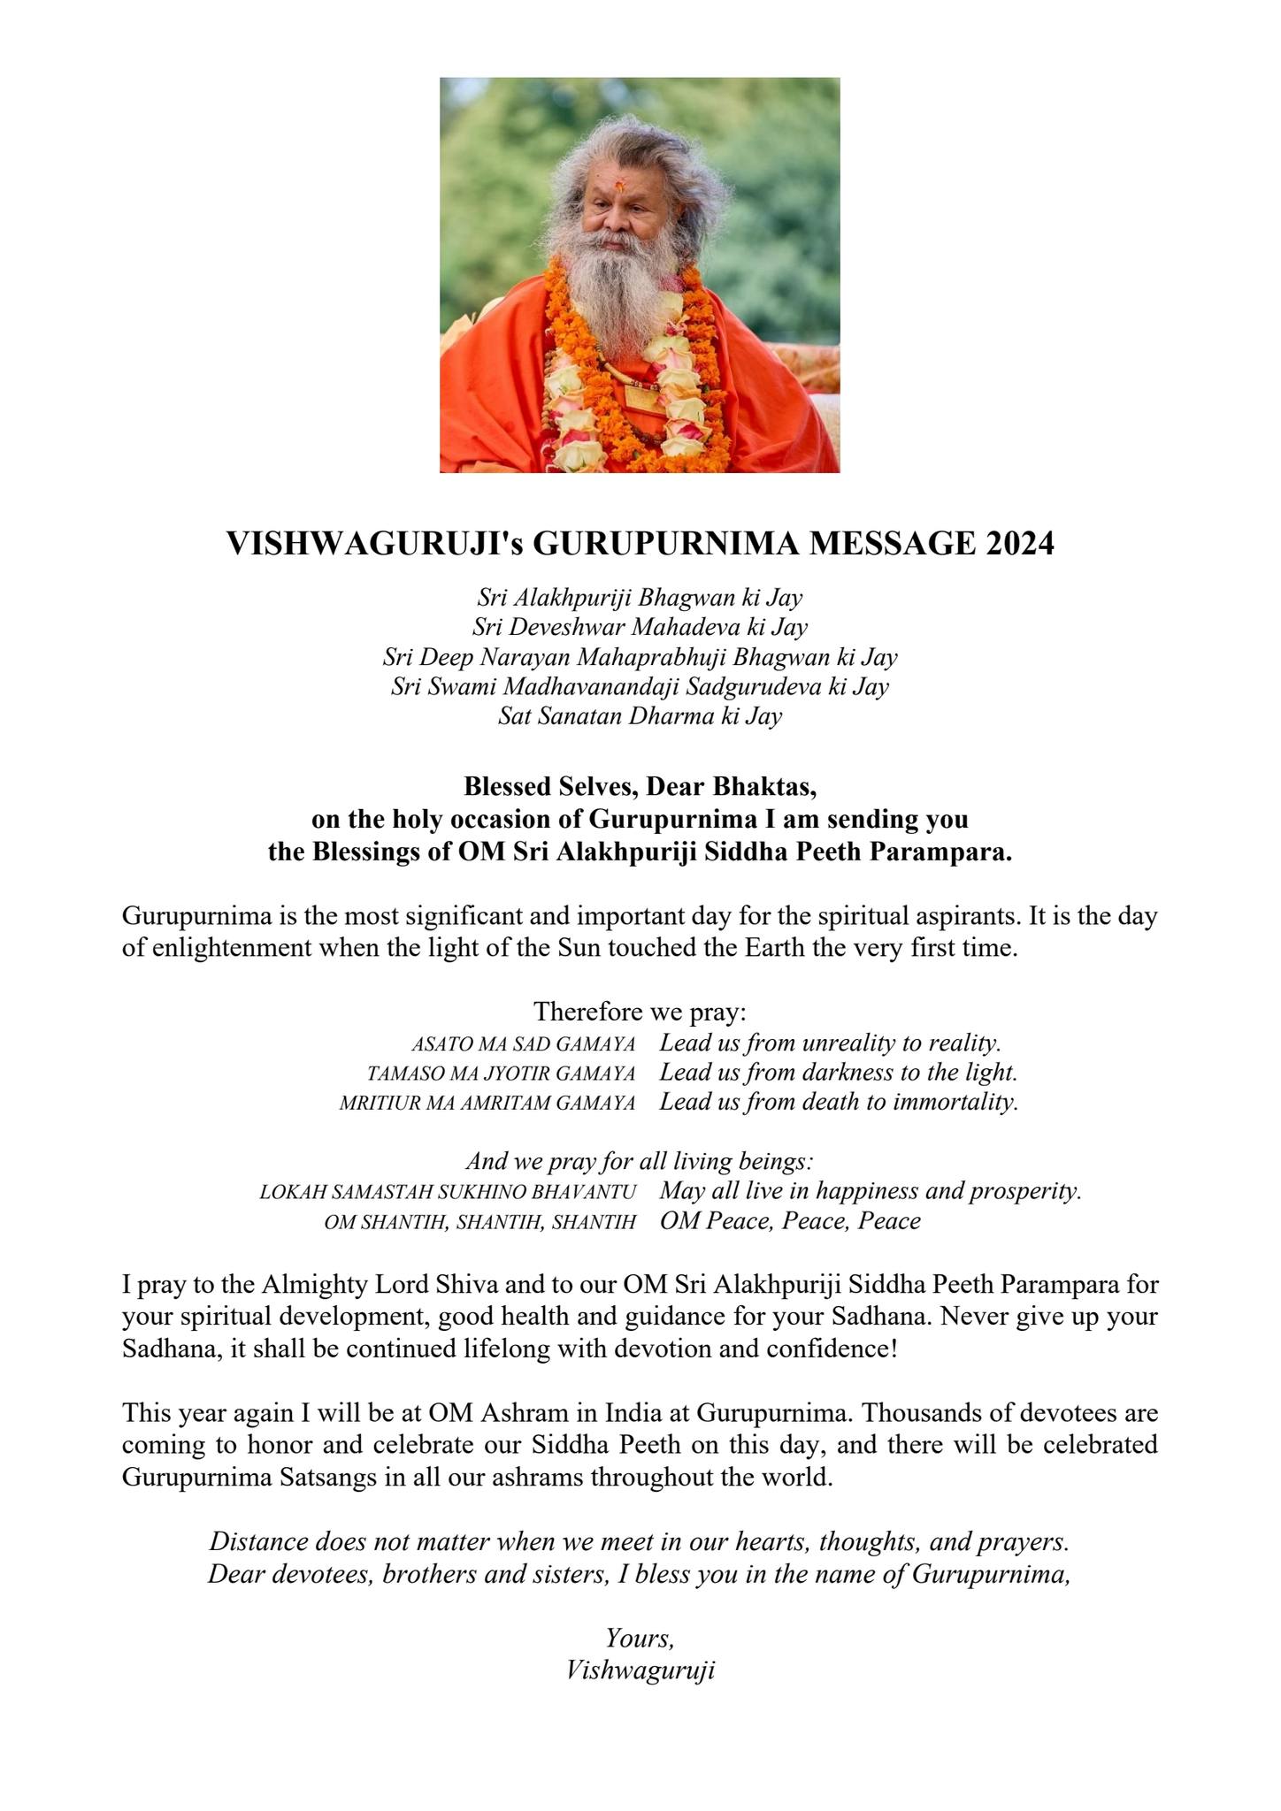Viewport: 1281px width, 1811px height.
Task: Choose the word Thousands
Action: [x=890, y=1412]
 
